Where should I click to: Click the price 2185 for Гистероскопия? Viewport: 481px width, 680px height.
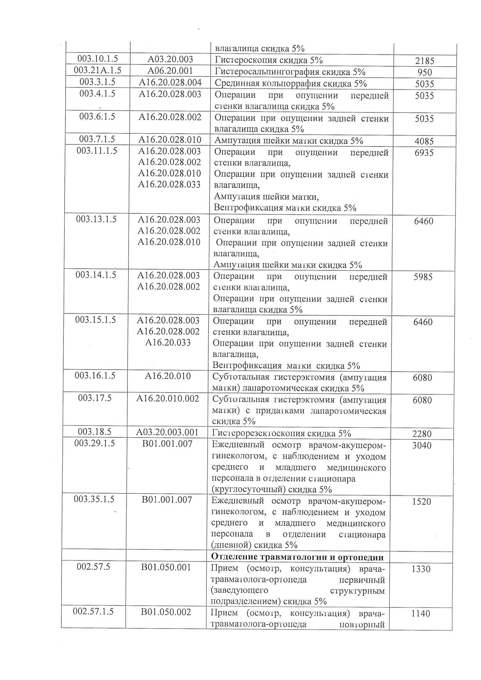tap(424, 61)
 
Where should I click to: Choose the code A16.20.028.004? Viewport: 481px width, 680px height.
tap(170, 82)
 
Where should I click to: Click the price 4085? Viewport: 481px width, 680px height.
tap(424, 141)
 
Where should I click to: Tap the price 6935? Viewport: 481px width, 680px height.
tap(424, 153)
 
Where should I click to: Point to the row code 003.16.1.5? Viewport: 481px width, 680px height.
tap(95, 375)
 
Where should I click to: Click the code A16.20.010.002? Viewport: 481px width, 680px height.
tap(167, 399)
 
